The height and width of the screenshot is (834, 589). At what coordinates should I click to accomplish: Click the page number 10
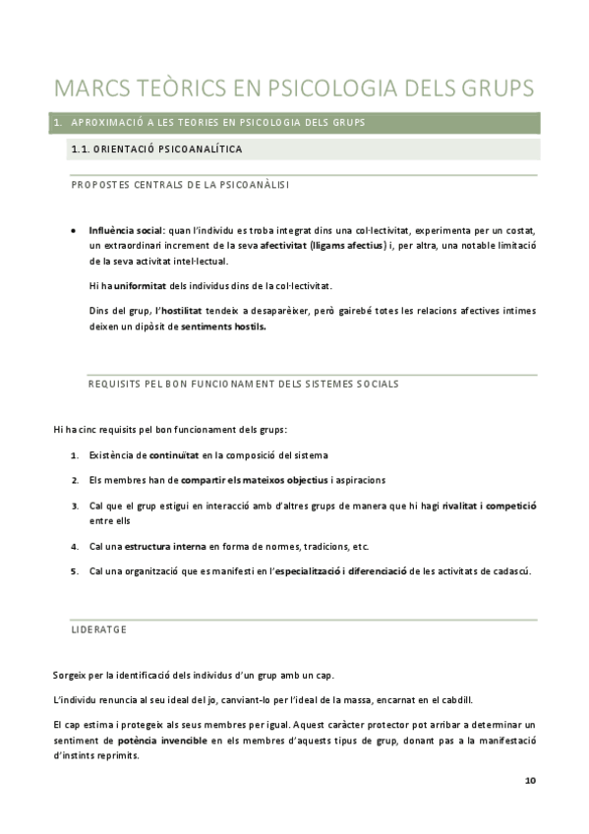point(530,781)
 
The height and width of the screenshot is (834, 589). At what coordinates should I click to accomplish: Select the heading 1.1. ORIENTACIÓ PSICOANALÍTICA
point(156,149)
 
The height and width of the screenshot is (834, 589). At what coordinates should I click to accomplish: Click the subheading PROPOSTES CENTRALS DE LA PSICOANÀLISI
point(180,185)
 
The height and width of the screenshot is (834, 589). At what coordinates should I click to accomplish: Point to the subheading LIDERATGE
point(98,628)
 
